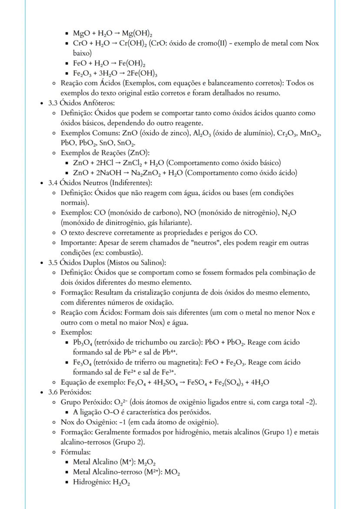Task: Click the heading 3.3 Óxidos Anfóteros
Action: (x=81, y=103)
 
